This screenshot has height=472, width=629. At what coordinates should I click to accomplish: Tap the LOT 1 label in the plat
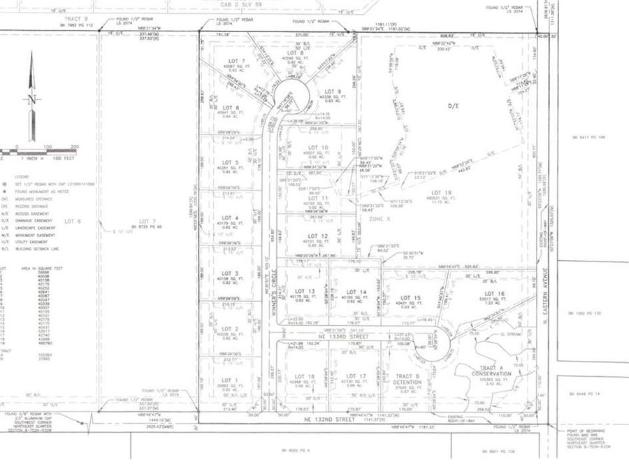231,380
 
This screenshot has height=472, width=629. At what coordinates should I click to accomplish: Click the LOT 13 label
305,291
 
